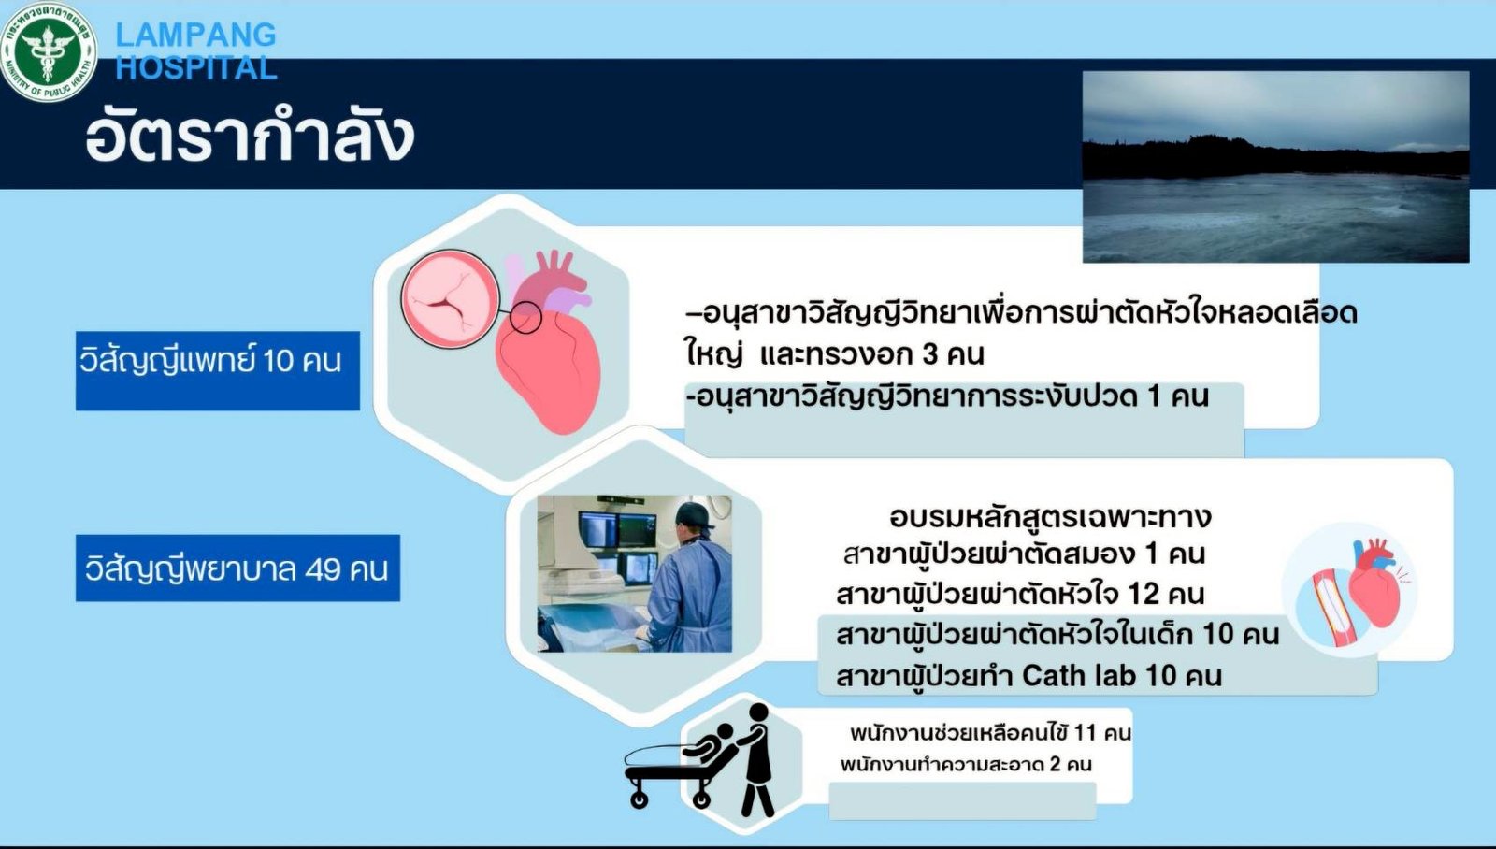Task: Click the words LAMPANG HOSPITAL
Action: click(195, 51)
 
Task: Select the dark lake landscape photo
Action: click(1275, 166)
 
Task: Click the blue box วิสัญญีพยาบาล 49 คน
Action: click(237, 568)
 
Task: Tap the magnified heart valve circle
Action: click(450, 298)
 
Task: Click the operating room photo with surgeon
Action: click(634, 573)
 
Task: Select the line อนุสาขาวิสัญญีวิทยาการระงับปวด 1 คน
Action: click(946, 396)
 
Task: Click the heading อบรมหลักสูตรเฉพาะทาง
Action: click(1049, 516)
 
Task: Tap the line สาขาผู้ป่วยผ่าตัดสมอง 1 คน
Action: click(1023, 554)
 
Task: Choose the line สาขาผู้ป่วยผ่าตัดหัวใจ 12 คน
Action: click(1019, 594)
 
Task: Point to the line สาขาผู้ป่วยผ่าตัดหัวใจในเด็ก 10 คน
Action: click(1057, 634)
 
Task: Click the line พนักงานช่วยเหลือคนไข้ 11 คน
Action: click(989, 732)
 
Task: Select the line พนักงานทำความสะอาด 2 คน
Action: click(965, 764)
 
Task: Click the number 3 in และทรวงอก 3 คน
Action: click(929, 354)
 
